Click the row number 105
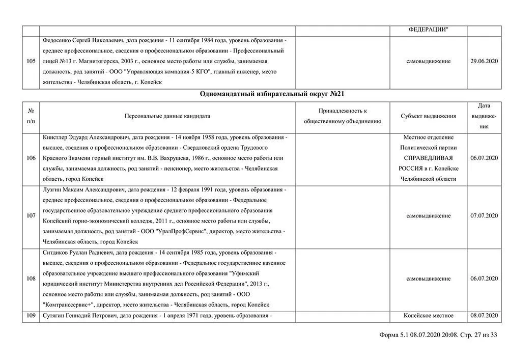pyautogui.click(x=31, y=61)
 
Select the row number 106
pyautogui.click(x=31, y=158)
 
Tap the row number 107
pyautogui.click(x=31, y=216)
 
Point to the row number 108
pyautogui.click(x=31, y=279)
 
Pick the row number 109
pyautogui.click(x=31, y=316)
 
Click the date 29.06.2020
pyautogui.click(x=484, y=61)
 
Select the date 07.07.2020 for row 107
pyautogui.click(x=484, y=216)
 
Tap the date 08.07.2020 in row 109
pyautogui.click(x=484, y=316)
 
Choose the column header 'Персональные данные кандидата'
pyautogui.click(x=167, y=116)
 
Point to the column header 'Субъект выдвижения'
pyautogui.click(x=428, y=116)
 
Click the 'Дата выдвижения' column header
pyautogui.click(x=484, y=116)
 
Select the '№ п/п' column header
pyautogui.click(x=31, y=116)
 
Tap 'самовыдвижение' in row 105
pyautogui.click(x=428, y=61)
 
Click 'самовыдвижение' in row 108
pyautogui.click(x=428, y=279)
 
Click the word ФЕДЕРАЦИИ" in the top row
pyautogui.click(x=428, y=30)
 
